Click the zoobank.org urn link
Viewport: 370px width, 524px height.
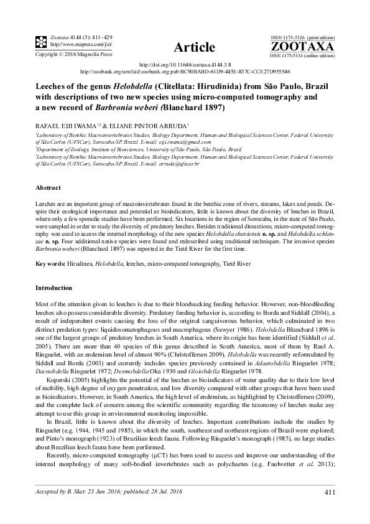[185, 72]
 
